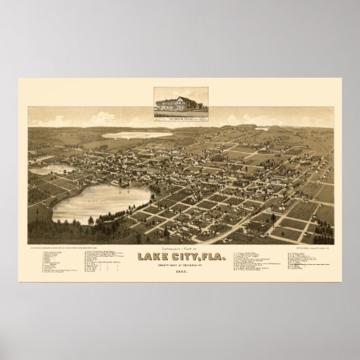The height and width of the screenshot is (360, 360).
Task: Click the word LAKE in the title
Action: click(153, 257)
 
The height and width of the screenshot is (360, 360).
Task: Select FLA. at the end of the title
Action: click(209, 257)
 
